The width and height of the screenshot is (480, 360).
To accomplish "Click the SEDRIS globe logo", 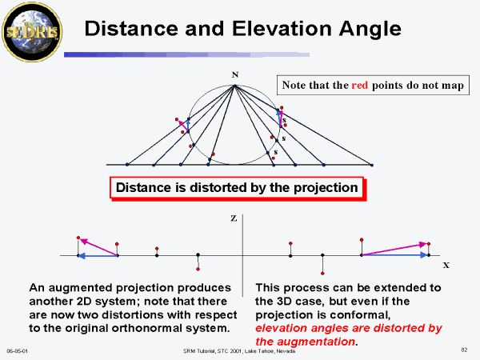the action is click(x=32, y=32).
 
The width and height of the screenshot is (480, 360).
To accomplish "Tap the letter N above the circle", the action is click(x=234, y=74).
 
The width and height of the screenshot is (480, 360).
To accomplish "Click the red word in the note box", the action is click(x=360, y=85).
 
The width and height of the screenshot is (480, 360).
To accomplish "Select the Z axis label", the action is click(x=234, y=218).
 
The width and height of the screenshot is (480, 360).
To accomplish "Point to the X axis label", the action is click(x=446, y=266).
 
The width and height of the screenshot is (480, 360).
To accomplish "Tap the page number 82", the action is click(x=464, y=350).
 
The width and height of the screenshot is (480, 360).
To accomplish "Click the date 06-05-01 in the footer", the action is click(x=17, y=351).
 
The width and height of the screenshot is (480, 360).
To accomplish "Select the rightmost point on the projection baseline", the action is click(x=372, y=165).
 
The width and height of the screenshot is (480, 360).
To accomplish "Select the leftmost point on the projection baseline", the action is click(x=127, y=165).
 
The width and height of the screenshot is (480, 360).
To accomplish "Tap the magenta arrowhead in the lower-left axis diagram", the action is click(x=83, y=242).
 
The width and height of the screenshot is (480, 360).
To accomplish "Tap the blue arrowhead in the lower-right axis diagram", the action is click(x=424, y=255).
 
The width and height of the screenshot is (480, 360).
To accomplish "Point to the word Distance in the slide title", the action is click(x=131, y=29).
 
